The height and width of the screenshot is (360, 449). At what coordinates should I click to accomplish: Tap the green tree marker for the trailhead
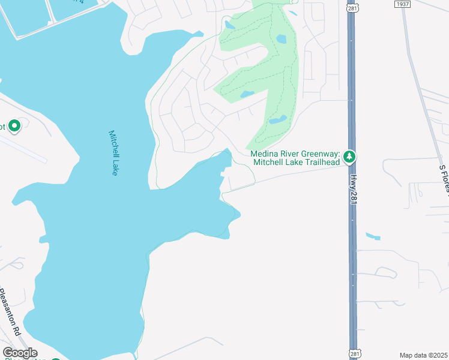pyautogui.click(x=349, y=157)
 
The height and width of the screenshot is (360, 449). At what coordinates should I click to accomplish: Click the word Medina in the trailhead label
pyautogui.click(x=265, y=154)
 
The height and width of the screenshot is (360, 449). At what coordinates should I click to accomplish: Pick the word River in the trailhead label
pyautogui.click(x=289, y=154)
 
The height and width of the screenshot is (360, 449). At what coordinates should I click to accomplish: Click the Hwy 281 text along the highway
pyautogui.click(x=354, y=188)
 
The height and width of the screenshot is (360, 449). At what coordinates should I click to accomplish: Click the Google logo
pyautogui.click(x=20, y=353)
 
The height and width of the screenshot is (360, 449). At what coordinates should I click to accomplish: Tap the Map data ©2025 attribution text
pyautogui.click(x=423, y=355)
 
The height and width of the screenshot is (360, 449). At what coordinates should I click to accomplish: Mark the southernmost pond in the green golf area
pyautogui.click(x=277, y=119)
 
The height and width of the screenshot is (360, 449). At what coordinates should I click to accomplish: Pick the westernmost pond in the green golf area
pyautogui.click(x=230, y=25)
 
